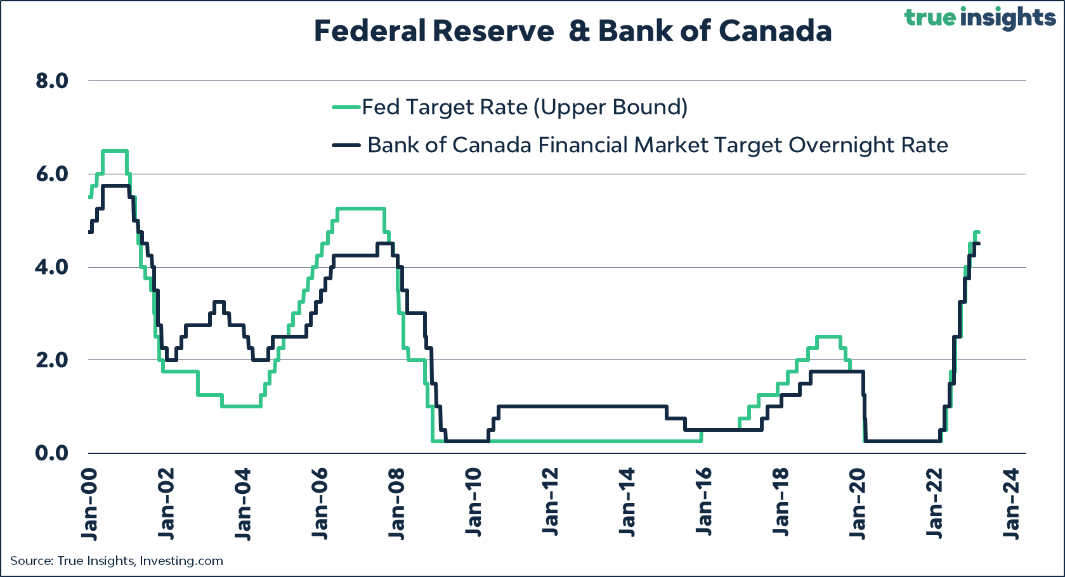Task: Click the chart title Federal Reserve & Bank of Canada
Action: tap(572, 31)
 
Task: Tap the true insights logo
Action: tap(979, 17)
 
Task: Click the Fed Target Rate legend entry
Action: tap(524, 107)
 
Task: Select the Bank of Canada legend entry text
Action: tap(657, 145)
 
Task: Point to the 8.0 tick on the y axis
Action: tap(51, 81)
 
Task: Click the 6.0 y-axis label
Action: tap(51, 174)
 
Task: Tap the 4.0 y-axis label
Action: tap(51, 267)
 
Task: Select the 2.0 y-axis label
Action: tap(51, 360)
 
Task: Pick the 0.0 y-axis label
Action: tap(51, 453)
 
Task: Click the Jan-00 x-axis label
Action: tap(89, 504)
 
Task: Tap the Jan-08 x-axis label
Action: tap(397, 504)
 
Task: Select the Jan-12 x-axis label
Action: tap(551, 504)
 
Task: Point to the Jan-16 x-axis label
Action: tap(705, 504)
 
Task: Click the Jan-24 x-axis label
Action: tap(1012, 504)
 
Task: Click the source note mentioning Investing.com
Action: tap(117, 561)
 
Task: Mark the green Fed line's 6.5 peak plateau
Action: tap(115, 151)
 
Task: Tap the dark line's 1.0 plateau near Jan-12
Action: tap(571, 406)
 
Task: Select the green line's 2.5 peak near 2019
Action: tap(828, 337)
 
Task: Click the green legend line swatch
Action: tap(347, 107)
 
